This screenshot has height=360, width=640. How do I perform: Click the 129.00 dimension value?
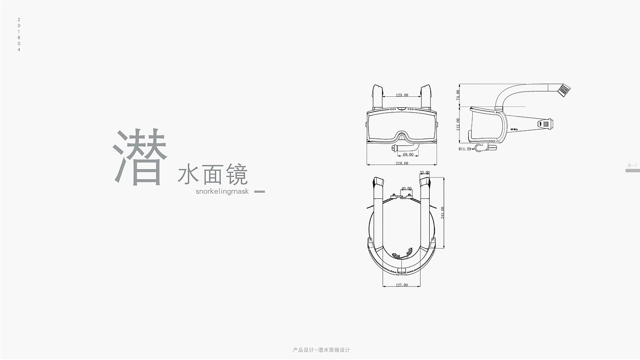(x=402, y=95)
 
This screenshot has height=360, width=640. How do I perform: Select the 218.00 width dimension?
(x=402, y=163)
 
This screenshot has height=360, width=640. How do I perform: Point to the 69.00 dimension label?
(x=408, y=154)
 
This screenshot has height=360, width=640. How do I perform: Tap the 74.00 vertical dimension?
(x=459, y=95)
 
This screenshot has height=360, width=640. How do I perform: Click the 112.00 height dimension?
(x=459, y=124)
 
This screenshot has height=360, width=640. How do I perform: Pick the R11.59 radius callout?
(x=464, y=149)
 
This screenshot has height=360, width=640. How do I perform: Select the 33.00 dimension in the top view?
(x=425, y=173)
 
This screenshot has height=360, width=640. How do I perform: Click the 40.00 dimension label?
(x=406, y=188)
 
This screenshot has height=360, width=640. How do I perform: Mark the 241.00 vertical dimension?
(x=442, y=212)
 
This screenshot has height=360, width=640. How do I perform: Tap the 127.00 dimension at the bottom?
(x=402, y=285)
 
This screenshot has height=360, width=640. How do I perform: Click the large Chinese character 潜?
(x=140, y=157)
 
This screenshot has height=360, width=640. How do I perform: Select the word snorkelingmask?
(x=222, y=191)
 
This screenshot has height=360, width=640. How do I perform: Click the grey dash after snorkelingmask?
(x=259, y=191)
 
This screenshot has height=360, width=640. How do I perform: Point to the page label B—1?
(x=632, y=165)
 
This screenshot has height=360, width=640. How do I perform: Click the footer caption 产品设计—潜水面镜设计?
(x=321, y=350)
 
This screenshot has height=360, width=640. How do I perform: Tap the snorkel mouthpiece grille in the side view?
(x=565, y=90)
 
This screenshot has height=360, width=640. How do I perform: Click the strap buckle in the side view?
(x=545, y=123)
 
